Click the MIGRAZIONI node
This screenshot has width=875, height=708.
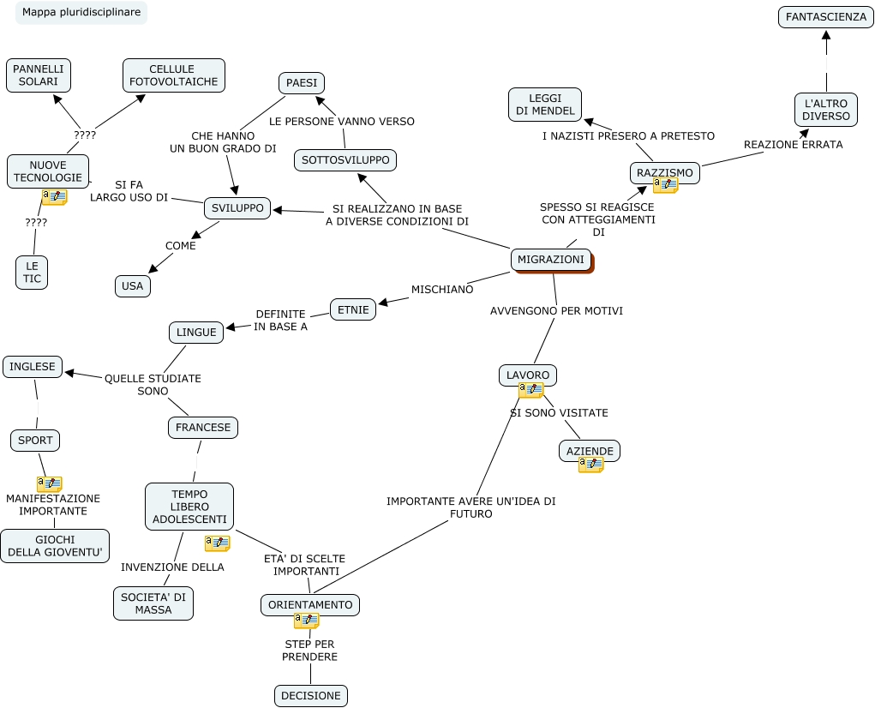[551, 260]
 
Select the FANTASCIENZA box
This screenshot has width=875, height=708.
[826, 17]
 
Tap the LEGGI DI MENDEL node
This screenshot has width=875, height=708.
[545, 105]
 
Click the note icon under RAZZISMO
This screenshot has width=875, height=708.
[665, 185]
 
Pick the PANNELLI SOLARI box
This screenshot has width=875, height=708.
[39, 75]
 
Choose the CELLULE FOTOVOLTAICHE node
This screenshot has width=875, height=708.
[174, 75]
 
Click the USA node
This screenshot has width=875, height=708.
[133, 286]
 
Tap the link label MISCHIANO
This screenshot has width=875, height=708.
[442, 290]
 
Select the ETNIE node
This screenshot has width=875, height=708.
[353, 309]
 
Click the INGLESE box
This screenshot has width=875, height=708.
[33, 367]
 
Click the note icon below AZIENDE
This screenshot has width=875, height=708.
[590, 465]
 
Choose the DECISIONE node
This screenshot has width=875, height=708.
[311, 696]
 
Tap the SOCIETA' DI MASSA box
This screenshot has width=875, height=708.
[153, 603]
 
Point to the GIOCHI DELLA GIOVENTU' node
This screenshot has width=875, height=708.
[55, 546]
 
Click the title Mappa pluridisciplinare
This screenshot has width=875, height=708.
[81, 13]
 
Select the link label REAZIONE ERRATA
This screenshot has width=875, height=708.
[793, 145]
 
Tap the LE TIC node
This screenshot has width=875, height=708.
[33, 273]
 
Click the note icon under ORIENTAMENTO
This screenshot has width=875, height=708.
[306, 621]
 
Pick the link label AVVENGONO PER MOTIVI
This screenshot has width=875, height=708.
[556, 311]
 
